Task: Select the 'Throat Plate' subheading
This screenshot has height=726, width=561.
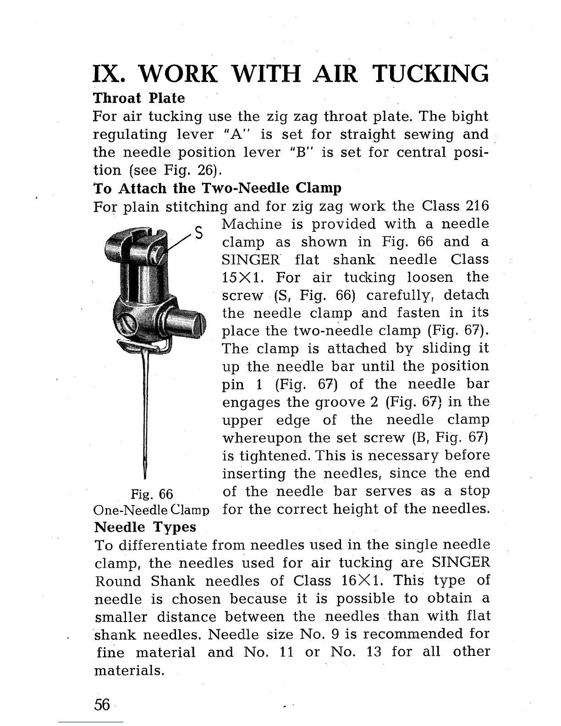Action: click(x=139, y=99)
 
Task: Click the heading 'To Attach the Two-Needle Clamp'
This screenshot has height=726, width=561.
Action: click(x=217, y=188)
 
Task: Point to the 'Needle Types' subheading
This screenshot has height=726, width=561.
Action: click(x=145, y=527)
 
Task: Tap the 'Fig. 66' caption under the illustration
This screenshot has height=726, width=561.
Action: click(x=152, y=495)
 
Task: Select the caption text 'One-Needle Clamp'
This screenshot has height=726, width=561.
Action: click(x=152, y=510)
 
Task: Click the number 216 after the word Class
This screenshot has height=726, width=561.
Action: click(x=477, y=206)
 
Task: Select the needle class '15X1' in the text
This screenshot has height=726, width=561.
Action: click(x=242, y=278)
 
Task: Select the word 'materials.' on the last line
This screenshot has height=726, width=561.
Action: click(x=129, y=671)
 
